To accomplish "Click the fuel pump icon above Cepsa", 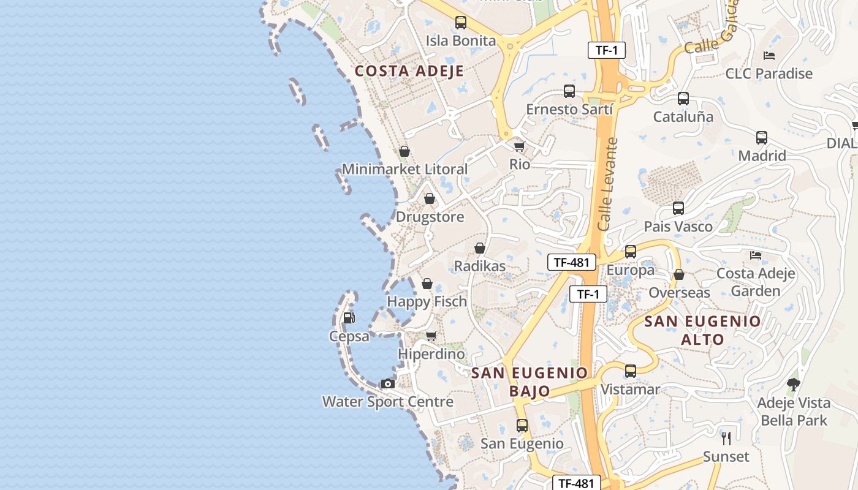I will click(349, 317).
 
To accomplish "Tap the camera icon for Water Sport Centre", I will click(387, 384).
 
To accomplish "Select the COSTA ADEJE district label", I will click(409, 71).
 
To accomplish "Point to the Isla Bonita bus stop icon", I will click(460, 23).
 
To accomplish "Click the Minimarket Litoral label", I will click(404, 169).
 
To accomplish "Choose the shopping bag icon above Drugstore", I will click(430, 199).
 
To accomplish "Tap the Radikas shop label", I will click(479, 266).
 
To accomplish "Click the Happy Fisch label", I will click(427, 301).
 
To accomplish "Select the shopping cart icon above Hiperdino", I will click(431, 336).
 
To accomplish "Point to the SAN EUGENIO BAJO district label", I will click(530, 382).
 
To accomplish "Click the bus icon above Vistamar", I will click(630, 371).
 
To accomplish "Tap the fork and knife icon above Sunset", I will click(726, 439).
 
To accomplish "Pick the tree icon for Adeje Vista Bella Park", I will click(794, 385).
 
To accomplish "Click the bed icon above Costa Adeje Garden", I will click(756, 255).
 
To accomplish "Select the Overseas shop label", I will click(679, 293).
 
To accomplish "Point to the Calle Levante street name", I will click(608, 184).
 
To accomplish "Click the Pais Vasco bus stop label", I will click(678, 227).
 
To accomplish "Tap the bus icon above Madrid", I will click(762, 138).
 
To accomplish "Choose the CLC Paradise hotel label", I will click(769, 73).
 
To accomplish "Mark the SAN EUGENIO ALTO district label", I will click(702, 330).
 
